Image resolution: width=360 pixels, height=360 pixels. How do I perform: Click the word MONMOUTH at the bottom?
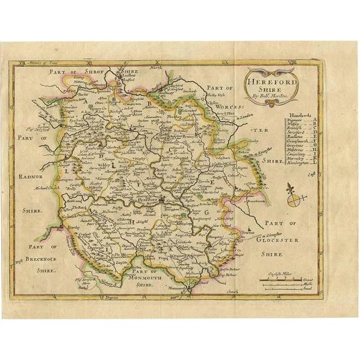pos(150,278)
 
